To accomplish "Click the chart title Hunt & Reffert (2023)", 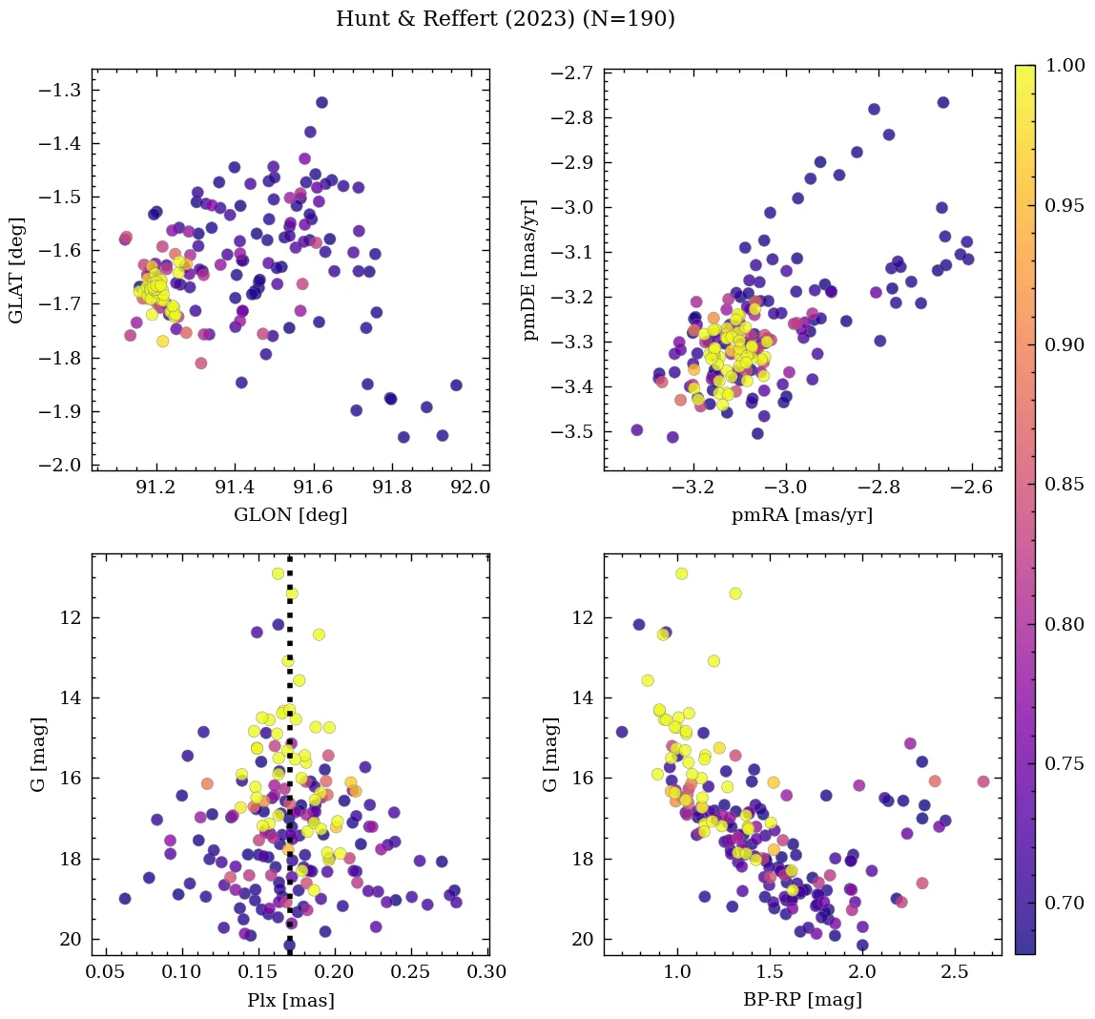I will (x=506, y=19).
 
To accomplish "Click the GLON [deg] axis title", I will (x=290, y=515).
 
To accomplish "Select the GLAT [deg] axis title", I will (x=16, y=270).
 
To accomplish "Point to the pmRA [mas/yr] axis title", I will (x=801, y=515).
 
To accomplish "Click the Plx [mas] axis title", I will (x=290, y=1000).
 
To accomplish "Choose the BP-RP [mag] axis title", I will (x=801, y=1000).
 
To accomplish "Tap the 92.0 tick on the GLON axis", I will (x=469, y=487).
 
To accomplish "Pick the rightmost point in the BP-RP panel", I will (x=983, y=781).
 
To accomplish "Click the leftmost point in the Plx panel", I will (x=125, y=899).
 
